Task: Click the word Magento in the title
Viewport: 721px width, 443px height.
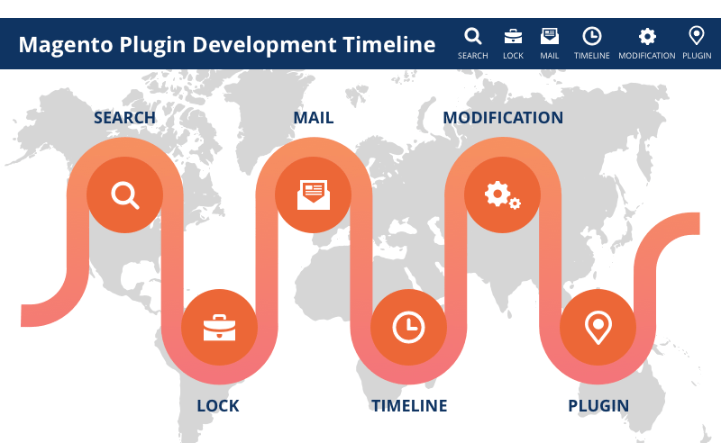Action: click(65, 46)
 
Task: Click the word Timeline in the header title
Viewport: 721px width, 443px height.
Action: click(389, 45)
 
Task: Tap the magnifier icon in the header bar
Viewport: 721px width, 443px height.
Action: click(472, 36)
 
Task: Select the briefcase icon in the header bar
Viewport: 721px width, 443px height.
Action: click(513, 36)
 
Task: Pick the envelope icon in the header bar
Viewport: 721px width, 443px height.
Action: click(550, 36)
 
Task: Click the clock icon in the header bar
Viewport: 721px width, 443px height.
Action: click(592, 36)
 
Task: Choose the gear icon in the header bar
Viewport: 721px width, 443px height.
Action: click(647, 36)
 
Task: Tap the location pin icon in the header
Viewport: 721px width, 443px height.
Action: click(697, 35)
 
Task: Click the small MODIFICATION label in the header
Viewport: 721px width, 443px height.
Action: click(647, 56)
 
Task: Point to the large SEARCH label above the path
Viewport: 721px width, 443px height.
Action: click(124, 118)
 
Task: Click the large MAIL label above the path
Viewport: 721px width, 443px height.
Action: click(314, 118)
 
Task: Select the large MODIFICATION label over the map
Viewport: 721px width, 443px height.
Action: click(503, 118)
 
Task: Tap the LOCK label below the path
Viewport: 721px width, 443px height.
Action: click(218, 406)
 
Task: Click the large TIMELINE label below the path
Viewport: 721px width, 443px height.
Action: click(409, 406)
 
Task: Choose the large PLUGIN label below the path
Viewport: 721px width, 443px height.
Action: click(598, 406)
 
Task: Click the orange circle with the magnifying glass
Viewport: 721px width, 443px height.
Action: click(124, 194)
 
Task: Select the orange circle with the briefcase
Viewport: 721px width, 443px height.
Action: click(219, 327)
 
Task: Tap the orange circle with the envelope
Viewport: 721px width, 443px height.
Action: click(314, 194)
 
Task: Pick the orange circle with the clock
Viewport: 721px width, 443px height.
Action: click(408, 327)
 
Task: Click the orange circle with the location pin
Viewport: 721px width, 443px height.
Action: click(598, 327)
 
